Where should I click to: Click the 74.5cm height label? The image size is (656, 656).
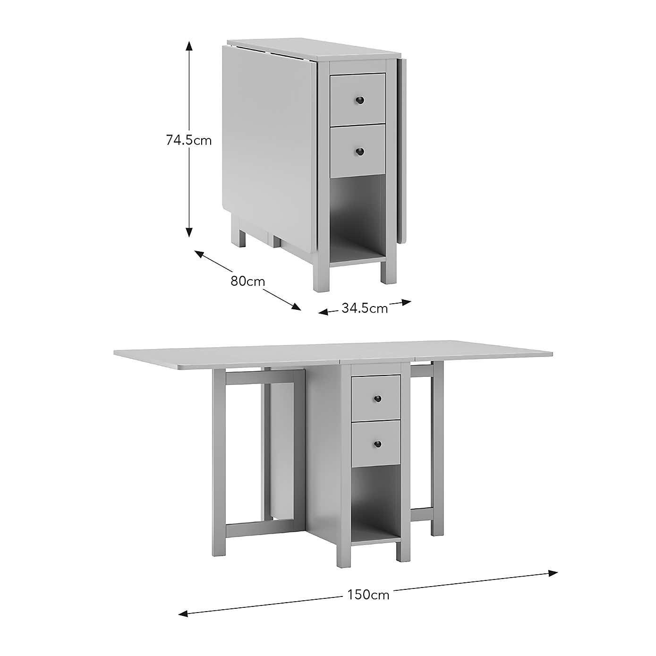[189, 140]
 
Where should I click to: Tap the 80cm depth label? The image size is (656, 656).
[247, 281]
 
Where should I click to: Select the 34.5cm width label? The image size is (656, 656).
[365, 308]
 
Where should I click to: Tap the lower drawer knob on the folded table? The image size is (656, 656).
[360, 152]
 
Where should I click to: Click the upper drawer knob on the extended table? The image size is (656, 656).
[377, 399]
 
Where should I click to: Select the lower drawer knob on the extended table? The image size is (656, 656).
[377, 443]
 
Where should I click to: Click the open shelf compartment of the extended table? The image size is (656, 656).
[376, 496]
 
